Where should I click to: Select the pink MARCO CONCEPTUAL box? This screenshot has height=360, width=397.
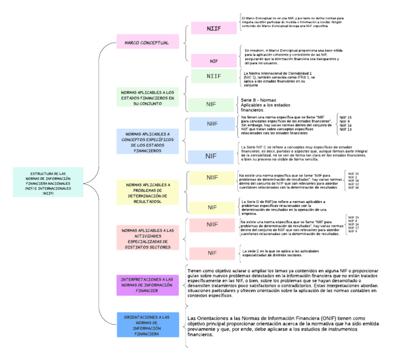tap(146, 42)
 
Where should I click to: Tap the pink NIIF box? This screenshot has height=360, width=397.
tap(213, 28)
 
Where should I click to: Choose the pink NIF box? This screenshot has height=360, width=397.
tap(213, 61)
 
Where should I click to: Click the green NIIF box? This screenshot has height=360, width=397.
tap(213, 77)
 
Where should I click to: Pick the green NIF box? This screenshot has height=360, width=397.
tap(211, 104)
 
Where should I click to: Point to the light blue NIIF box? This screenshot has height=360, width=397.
tap(212, 124)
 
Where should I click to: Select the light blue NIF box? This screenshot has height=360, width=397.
tap(211, 156)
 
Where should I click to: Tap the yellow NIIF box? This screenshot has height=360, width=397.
tap(212, 177)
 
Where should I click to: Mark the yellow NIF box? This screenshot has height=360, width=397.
tap(212, 207)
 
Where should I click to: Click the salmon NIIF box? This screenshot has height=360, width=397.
tap(212, 224)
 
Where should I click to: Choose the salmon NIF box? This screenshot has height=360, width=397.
tap(212, 253)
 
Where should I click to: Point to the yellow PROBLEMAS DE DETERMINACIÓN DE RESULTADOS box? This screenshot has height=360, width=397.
tap(147, 192)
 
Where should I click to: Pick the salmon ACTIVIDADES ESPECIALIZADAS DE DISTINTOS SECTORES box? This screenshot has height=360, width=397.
tap(147, 238)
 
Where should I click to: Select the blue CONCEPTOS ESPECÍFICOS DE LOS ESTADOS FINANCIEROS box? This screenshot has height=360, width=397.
tap(147, 141)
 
